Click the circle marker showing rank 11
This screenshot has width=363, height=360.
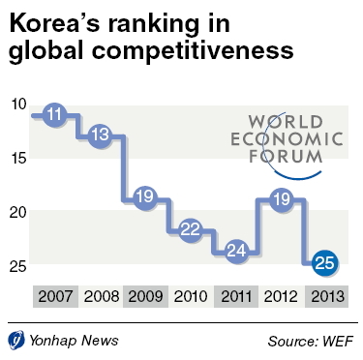pos(54,114)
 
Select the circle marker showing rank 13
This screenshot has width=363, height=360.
pos(101,135)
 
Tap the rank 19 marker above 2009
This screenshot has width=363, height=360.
pos(145,196)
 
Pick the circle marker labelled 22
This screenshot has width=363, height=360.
pos(191,229)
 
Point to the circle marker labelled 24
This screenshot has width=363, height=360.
pos(236,251)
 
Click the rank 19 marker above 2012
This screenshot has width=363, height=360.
pos(282,199)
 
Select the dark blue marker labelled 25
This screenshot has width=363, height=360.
pos(324,263)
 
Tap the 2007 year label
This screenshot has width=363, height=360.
pos(55,296)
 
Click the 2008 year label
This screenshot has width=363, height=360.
pos(101,296)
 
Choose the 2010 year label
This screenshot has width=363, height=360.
pos(191,296)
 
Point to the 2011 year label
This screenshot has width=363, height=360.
pos(236,296)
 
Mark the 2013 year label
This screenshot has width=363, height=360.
pos(327,296)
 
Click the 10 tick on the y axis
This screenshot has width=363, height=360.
pos(18,105)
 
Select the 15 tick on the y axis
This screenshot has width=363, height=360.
pos(18,159)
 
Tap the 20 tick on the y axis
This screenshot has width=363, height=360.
pos(18,212)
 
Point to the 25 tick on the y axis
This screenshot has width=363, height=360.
pos(18,266)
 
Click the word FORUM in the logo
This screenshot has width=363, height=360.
pos(286,157)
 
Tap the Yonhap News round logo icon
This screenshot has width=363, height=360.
pos(16,341)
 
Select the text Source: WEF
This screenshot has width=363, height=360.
pos(311,341)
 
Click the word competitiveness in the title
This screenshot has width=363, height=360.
pos(193,50)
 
